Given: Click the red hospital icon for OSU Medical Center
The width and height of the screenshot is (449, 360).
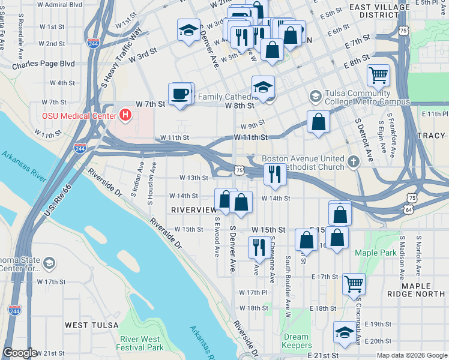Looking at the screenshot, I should [125, 114].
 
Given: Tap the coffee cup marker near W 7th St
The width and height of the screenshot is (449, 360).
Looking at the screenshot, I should [181, 94].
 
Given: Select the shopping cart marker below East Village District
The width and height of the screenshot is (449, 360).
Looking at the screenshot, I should [378, 76].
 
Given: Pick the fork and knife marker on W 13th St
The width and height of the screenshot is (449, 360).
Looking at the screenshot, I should [275, 175].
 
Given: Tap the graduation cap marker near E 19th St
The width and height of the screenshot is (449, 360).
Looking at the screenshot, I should [345, 333].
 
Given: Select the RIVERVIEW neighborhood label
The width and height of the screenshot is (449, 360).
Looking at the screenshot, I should [193, 209].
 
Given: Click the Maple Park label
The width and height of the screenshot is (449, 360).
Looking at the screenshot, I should [375, 253].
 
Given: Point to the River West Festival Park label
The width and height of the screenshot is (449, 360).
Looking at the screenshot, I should [141, 343].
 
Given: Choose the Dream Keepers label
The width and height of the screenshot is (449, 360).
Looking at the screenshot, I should [297, 341].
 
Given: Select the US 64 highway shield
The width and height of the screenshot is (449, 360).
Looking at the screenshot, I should [408, 210].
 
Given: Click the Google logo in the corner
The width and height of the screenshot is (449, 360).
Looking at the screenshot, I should [20, 353].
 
